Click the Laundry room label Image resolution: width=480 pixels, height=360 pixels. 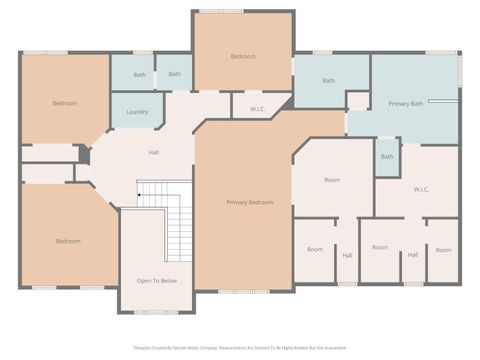coord(138,112)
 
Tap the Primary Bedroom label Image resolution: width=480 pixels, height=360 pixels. coord(249,202)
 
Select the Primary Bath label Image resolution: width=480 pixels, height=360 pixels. coord(406,104)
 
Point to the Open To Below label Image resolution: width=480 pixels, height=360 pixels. coord(157,281)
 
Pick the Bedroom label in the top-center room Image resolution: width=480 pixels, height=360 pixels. coord(243,56)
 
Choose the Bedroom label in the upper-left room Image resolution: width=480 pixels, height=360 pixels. coord(65,103)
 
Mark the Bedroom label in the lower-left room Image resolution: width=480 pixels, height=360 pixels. coord(68,241)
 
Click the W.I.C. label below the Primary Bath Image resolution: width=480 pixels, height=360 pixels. coord(421,189)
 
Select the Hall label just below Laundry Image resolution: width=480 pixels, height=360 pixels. coord(154,152)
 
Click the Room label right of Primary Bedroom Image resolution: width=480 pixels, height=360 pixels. coord(333,180)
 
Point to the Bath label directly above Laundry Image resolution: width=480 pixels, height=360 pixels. coord(140,74)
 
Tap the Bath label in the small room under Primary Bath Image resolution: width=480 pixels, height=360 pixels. coord(387,156)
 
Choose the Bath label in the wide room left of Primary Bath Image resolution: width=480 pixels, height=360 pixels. coord(328,80)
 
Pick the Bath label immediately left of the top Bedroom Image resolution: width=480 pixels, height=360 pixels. coord(174,73)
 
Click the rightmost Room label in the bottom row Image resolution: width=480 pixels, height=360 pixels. coord(443,249)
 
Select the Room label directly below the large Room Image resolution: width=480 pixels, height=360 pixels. coord(315,249)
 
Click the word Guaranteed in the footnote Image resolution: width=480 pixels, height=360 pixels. coord(335,348)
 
